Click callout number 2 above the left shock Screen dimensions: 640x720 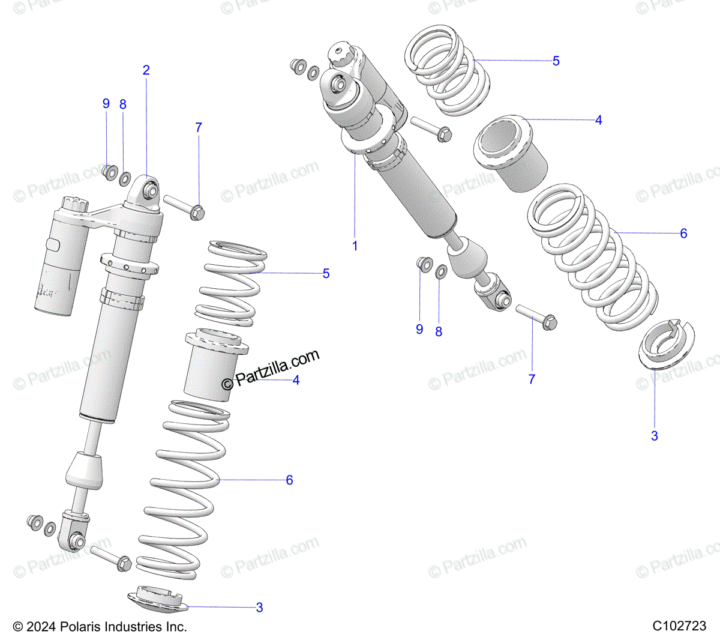click(x=146, y=70)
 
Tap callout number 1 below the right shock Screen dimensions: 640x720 click(x=355, y=246)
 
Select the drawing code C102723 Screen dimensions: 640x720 click(x=679, y=626)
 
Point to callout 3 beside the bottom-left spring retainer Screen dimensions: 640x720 click(x=259, y=608)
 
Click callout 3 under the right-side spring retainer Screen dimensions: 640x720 click(x=655, y=436)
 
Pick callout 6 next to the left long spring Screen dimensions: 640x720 click(x=289, y=480)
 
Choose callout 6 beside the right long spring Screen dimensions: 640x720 click(x=683, y=234)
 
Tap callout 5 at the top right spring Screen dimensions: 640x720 click(x=556, y=61)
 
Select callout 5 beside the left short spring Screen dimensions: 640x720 click(x=326, y=274)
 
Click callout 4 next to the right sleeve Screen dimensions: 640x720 click(x=598, y=120)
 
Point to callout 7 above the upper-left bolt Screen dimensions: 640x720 click(x=199, y=127)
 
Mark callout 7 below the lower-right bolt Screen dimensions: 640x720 click(x=532, y=379)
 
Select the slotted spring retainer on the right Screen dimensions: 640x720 click(x=665, y=344)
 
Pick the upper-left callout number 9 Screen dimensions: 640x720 click(x=106, y=103)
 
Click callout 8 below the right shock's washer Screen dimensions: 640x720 click(x=439, y=331)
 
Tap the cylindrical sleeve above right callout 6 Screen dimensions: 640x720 click(x=511, y=152)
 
